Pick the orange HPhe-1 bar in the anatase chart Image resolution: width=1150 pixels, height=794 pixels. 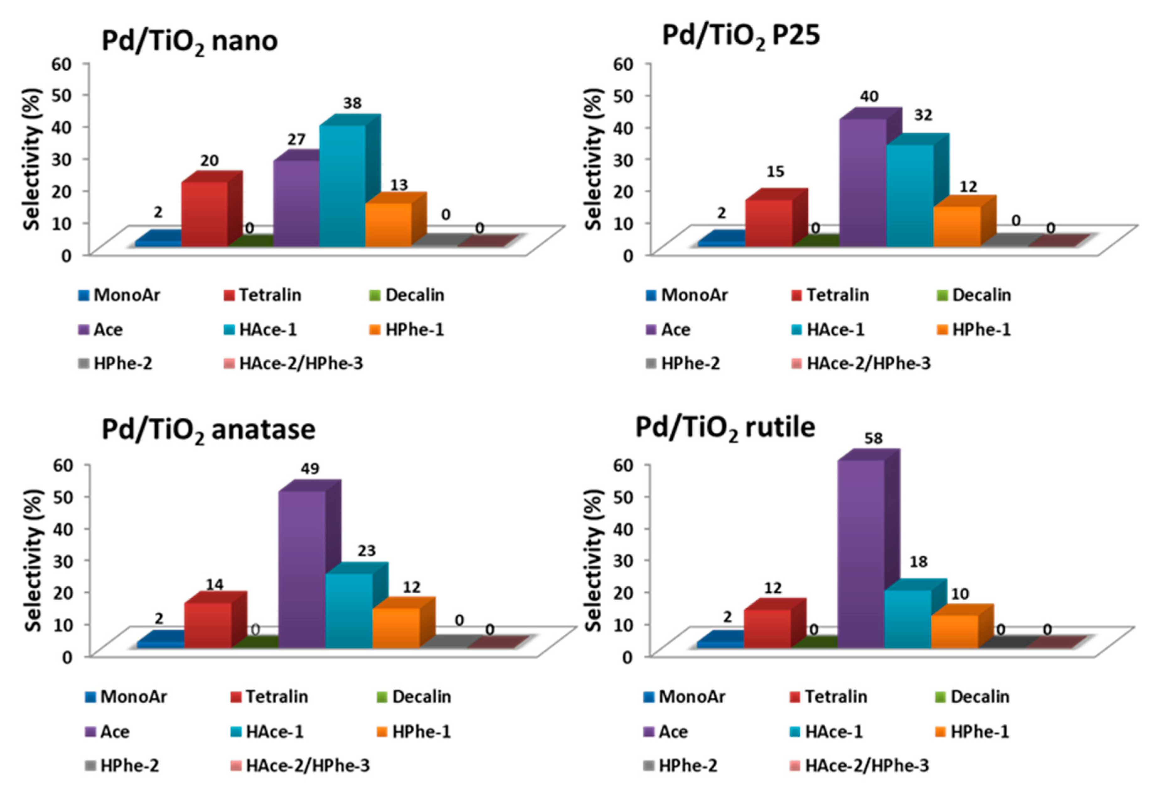tap(396, 627)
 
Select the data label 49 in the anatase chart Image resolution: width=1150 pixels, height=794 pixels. tap(310, 468)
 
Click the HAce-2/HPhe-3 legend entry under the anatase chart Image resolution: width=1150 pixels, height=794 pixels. tap(300, 765)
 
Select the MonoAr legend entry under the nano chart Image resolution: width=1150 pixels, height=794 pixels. tap(120, 295)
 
